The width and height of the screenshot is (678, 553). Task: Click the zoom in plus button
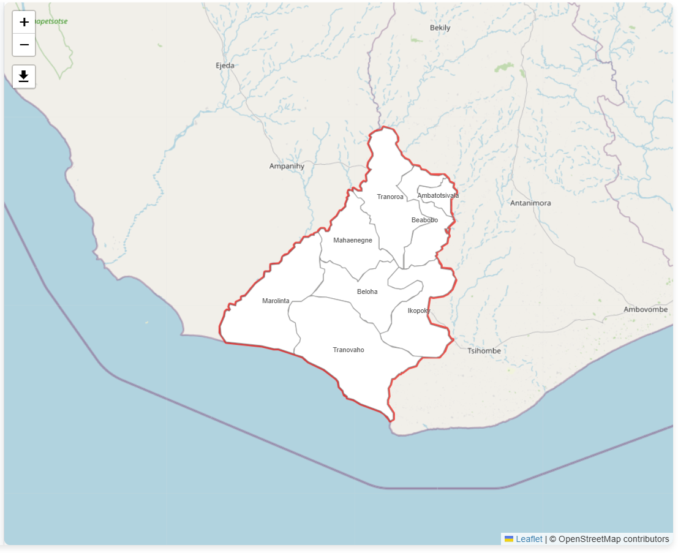coord(24,22)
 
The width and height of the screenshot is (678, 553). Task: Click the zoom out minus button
coord(24,45)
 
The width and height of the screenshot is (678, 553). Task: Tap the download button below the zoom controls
coord(24,77)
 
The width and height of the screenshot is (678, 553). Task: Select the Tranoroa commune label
coord(390,197)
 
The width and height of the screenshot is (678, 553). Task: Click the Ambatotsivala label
coord(438,195)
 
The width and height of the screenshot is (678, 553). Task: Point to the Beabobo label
coord(424,220)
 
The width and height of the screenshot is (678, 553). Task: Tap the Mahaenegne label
coord(352,240)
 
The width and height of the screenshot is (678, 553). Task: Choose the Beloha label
coord(367,292)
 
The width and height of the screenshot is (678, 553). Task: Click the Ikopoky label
coord(419,310)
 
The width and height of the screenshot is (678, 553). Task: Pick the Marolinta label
coord(276,301)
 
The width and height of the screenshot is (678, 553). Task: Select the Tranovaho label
coord(348,350)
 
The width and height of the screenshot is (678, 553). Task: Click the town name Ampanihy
coord(287,166)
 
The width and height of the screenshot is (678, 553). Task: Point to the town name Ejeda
coord(225,66)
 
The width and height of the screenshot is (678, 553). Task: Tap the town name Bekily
coord(440,28)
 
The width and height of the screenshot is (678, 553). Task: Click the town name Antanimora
coord(530,203)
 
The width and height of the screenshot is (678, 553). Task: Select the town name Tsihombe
coord(484,351)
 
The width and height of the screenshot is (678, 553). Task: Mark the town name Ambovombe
coord(646,309)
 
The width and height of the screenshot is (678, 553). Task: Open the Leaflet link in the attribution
coord(529,539)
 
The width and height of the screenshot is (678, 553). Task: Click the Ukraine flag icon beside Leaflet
coord(509,539)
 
